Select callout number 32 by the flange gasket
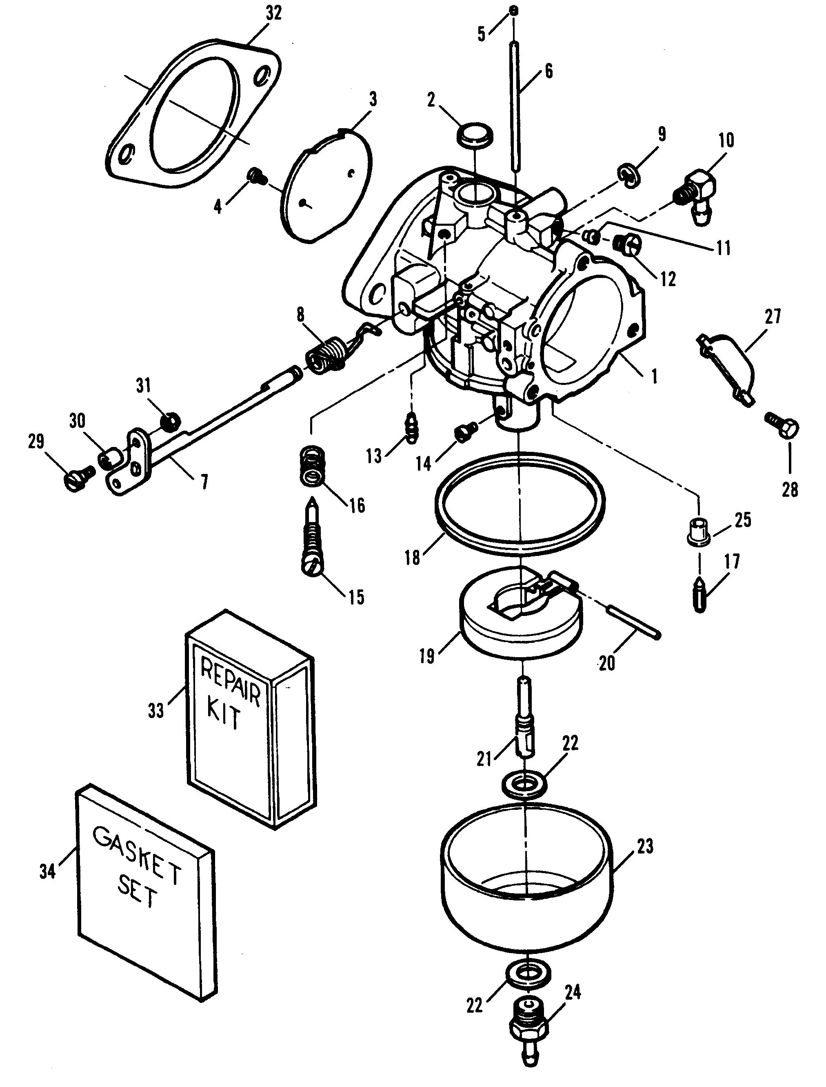273,13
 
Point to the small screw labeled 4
257,176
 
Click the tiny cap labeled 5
513,10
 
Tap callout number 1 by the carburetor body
654,377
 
